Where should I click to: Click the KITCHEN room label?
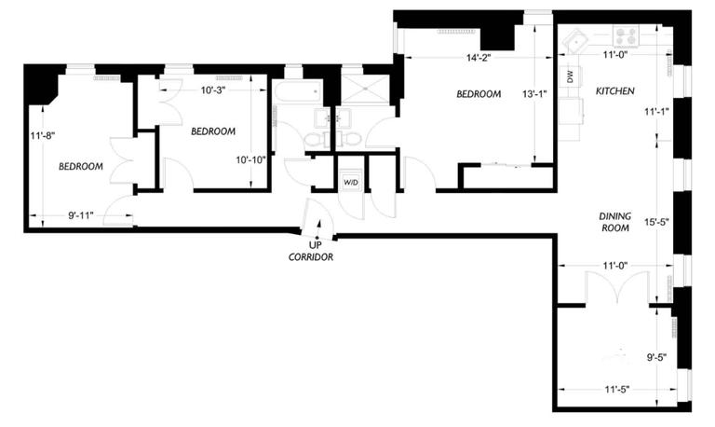pos(615,90)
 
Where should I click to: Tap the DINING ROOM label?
pos(615,222)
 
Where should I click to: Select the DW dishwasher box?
pos(570,76)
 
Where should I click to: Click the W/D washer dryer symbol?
pos(351,182)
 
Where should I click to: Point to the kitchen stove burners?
pos(626,35)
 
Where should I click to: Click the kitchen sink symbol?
pos(576,40)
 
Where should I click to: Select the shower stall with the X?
pos(365,90)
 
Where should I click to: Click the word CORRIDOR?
pos(311,257)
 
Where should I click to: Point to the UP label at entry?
pos(315,245)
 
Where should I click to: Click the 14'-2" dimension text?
pos(479,58)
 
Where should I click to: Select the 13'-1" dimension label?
pos(534,94)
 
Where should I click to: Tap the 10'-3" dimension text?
pos(214,90)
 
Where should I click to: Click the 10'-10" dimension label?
pos(250,160)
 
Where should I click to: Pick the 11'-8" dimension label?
pos(43,135)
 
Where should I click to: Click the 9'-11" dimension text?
pos(81,215)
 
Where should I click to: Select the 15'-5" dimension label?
pos(656,223)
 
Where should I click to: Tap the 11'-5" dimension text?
pos(617,390)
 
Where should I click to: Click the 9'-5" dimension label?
pos(656,358)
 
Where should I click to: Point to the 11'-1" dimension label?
pos(656,111)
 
